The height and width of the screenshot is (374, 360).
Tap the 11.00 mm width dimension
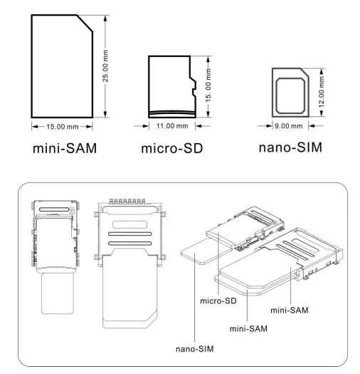coord(171,126)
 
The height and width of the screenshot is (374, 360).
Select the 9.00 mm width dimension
coord(289,126)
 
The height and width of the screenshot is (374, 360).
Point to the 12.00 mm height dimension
coord(322,92)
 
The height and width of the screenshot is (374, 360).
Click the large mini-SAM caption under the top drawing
coord(64,150)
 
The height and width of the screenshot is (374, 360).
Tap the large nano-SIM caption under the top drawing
coord(291,149)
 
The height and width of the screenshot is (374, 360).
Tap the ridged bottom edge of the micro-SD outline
coord(171,113)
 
